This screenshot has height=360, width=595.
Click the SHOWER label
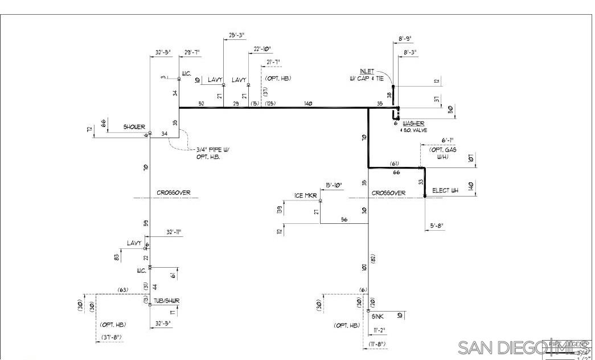(x=134, y=127)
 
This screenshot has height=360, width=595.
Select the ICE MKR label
(x=306, y=196)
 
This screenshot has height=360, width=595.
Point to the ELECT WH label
(x=445, y=190)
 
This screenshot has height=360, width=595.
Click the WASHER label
(x=413, y=124)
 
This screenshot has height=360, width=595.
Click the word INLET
(x=367, y=71)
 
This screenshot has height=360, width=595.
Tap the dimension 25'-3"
(x=236, y=35)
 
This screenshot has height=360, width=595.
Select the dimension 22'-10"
(x=262, y=49)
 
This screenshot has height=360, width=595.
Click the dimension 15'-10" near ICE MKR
(x=333, y=185)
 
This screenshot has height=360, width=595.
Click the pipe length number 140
(x=308, y=104)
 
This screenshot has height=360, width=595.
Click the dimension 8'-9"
(x=404, y=38)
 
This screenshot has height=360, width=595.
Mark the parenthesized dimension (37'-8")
(x=111, y=338)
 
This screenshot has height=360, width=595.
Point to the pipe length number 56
(x=344, y=219)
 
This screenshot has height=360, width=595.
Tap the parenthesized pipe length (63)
(x=122, y=291)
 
